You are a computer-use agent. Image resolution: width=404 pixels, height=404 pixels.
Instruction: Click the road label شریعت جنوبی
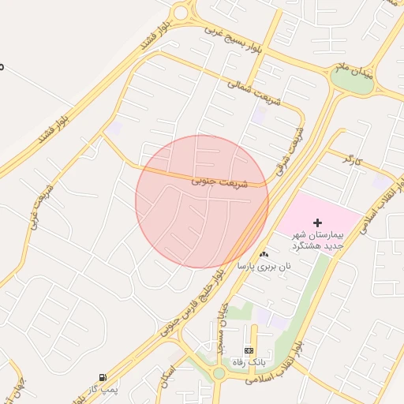click(219, 182)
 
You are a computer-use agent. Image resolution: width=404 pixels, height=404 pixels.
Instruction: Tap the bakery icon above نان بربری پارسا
click(264, 254)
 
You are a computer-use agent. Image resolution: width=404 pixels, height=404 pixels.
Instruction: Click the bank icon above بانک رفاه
click(249, 350)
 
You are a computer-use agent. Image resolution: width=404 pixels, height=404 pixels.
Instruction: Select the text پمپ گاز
click(102, 390)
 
